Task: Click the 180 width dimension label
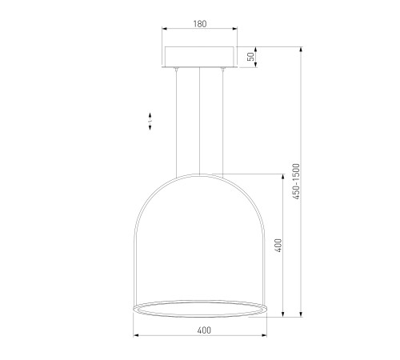[200, 24]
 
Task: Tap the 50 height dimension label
[251, 57]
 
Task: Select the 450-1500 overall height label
[296, 182]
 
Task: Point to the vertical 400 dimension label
[278, 246]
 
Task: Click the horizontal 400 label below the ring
[204, 330]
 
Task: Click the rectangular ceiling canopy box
[200, 57]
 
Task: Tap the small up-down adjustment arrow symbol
[150, 122]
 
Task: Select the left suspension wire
[176, 122]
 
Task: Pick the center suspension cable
[199, 121]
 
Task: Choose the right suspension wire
[222, 122]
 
